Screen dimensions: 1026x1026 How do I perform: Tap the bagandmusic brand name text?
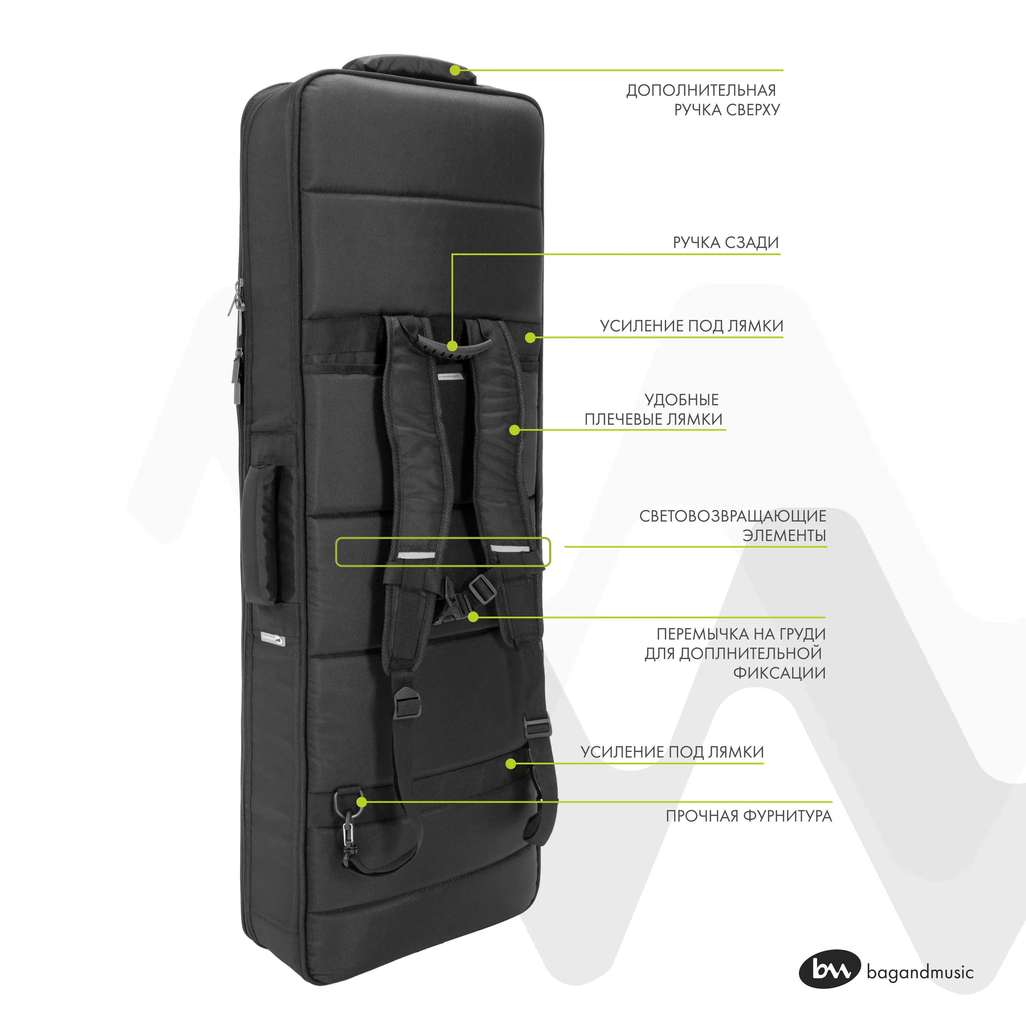[920, 972]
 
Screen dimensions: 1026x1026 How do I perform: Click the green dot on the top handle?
[455, 70]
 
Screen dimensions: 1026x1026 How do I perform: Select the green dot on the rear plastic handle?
[452, 346]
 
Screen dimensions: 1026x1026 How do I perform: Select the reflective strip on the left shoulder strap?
[416, 555]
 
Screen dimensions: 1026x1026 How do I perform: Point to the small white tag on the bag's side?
[273, 640]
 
